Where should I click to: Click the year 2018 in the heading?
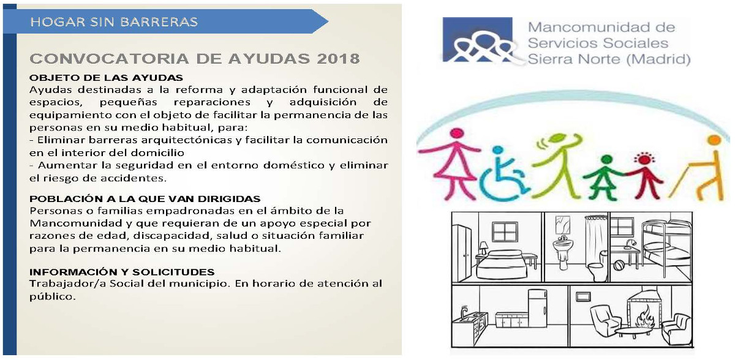[338, 59]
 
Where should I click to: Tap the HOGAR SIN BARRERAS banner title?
[114, 21]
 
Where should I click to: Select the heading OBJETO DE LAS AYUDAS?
[106, 78]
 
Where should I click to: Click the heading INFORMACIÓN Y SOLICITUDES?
[122, 272]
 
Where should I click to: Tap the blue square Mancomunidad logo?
[477, 40]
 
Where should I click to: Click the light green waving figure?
[558, 165]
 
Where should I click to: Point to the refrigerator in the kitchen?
[537, 308]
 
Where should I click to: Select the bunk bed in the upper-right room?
[666, 247]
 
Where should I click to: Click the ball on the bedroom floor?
[619, 265]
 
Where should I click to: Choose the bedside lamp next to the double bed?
[483, 248]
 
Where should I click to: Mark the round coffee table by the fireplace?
[633, 332]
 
